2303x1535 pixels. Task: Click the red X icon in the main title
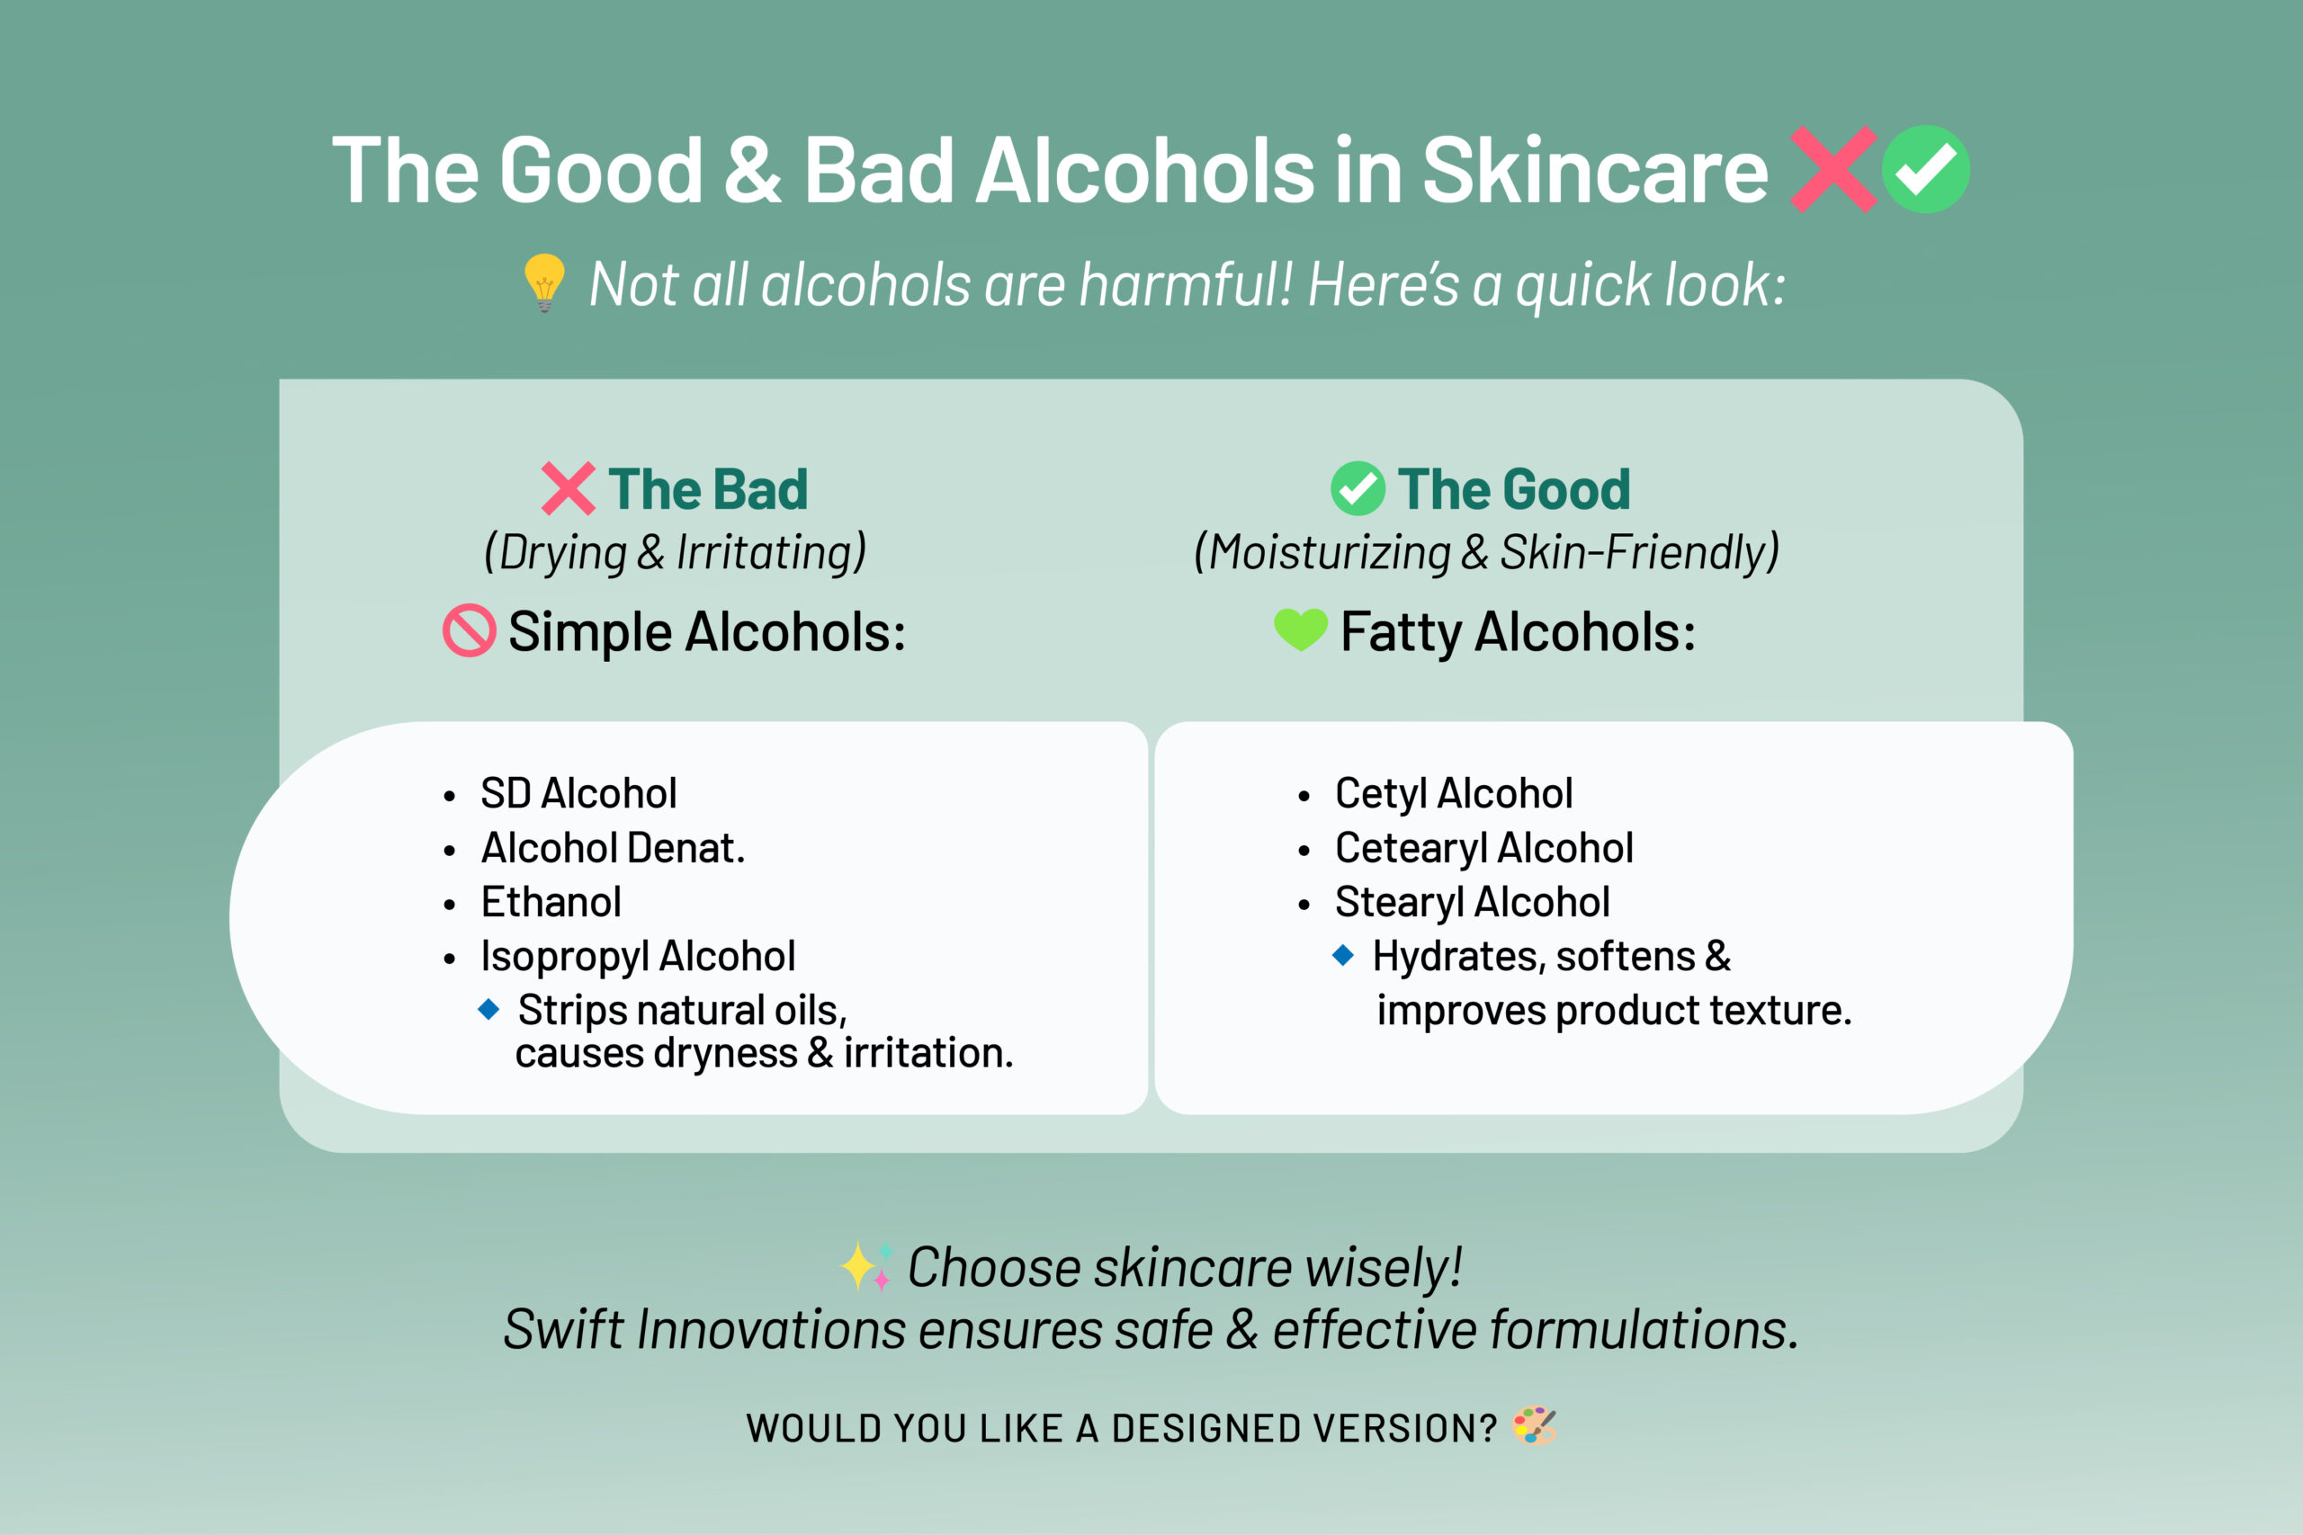pos(1833,169)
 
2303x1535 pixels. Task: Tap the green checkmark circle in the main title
pos(1925,169)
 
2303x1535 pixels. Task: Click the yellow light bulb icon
pos(544,282)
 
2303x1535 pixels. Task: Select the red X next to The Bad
pos(568,488)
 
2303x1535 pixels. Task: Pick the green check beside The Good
pos(1358,488)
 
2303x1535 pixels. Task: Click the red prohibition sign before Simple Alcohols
pos(469,630)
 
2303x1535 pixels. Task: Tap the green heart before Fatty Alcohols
pos(1300,629)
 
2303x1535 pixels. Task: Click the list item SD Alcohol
pos(578,794)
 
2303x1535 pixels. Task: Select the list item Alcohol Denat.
pos(613,848)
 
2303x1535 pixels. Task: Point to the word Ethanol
pos(551,902)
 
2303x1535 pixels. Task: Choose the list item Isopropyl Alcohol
pos(638,957)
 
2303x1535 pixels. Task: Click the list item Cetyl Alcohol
pos(1453,794)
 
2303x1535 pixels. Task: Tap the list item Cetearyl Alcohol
pos(1483,848)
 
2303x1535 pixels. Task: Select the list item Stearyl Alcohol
pos(1472,902)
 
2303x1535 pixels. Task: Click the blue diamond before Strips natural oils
pos(488,1008)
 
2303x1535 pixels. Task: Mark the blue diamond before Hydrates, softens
pos(1343,954)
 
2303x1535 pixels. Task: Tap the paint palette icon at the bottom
pos(1533,1426)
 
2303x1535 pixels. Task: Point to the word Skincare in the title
pos(1594,172)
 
